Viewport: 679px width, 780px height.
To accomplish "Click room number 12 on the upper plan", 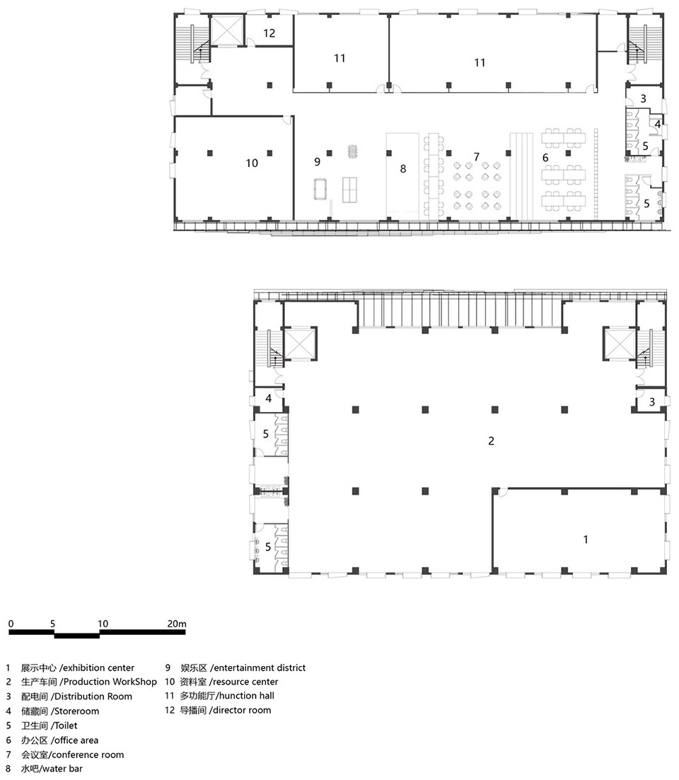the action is coord(269,33).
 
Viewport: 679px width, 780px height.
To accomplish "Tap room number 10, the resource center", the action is coord(252,164).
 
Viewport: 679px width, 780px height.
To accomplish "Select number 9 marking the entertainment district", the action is coord(317,161).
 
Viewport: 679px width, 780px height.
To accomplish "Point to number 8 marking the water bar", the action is coord(403,169).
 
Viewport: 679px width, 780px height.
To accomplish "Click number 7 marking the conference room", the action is coord(476,157).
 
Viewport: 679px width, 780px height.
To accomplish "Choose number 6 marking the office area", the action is coord(545,158).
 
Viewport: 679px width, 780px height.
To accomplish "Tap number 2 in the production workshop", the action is coord(491,441).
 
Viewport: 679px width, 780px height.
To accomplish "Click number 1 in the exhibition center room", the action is coord(586,539).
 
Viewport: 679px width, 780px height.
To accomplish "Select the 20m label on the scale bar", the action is coord(177,624).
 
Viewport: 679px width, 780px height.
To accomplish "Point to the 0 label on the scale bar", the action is coord(11,624).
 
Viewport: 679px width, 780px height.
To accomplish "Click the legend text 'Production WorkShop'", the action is coord(110,682).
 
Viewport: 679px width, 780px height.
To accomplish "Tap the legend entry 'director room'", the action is coord(242,711).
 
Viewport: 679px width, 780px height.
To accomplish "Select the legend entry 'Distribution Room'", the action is coord(93,696).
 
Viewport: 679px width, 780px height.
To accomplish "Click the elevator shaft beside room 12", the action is coord(227,30).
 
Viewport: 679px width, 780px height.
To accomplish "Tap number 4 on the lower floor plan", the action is coord(269,398).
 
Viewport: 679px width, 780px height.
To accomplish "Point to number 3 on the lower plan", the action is coord(652,402).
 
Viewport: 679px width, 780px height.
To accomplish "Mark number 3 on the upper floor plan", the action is coord(643,99).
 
